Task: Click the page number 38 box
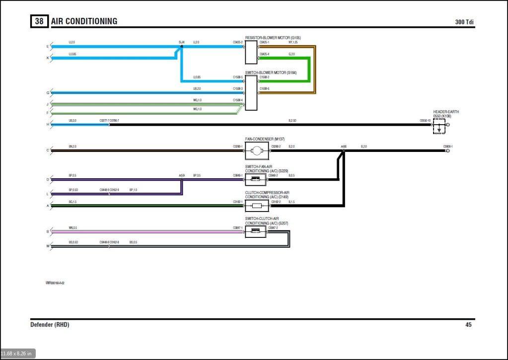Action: click(39, 21)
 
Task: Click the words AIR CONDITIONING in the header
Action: click(84, 21)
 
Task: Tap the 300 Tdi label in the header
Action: click(465, 22)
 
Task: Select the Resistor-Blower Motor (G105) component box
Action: click(251, 52)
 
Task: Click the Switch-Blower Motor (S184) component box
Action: click(251, 93)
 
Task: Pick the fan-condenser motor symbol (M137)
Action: click(257, 150)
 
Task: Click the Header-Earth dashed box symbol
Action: click(439, 126)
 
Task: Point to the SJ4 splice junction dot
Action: click(181, 46)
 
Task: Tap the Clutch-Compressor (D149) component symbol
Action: click(257, 206)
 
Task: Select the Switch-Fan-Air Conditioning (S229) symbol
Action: click(257, 179)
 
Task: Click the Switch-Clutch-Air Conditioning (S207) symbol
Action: click(257, 231)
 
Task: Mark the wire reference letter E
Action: click(48, 47)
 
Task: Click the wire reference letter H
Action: click(48, 124)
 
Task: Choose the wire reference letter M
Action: click(48, 246)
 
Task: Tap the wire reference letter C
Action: click(48, 150)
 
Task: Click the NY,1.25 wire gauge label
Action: click(293, 43)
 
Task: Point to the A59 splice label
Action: click(181, 175)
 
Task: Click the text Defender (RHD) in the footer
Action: click(50, 325)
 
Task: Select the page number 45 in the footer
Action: click(468, 325)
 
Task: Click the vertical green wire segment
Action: click(309, 70)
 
